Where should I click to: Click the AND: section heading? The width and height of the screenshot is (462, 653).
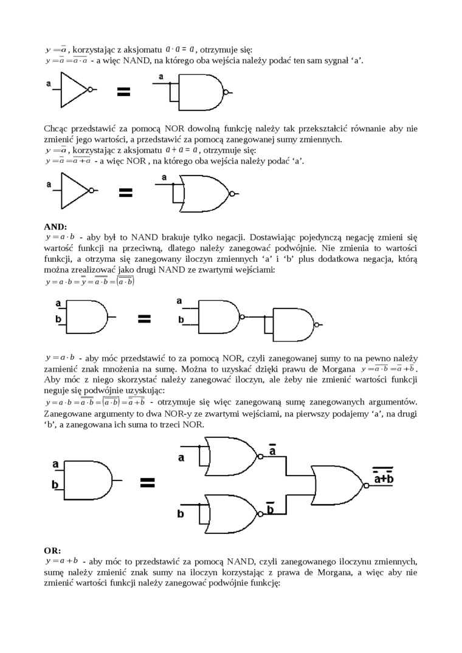(56, 226)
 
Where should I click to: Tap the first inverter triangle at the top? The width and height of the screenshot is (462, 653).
(75, 89)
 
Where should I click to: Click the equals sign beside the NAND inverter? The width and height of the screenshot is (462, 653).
(124, 92)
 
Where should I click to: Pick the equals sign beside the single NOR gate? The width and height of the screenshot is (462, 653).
(125, 193)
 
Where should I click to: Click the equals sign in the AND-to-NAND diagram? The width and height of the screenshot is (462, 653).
(144, 319)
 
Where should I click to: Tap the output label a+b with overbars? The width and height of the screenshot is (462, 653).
(384, 477)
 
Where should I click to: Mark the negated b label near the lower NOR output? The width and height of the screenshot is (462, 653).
(271, 508)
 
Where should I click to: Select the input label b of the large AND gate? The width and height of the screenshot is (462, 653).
(55, 485)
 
